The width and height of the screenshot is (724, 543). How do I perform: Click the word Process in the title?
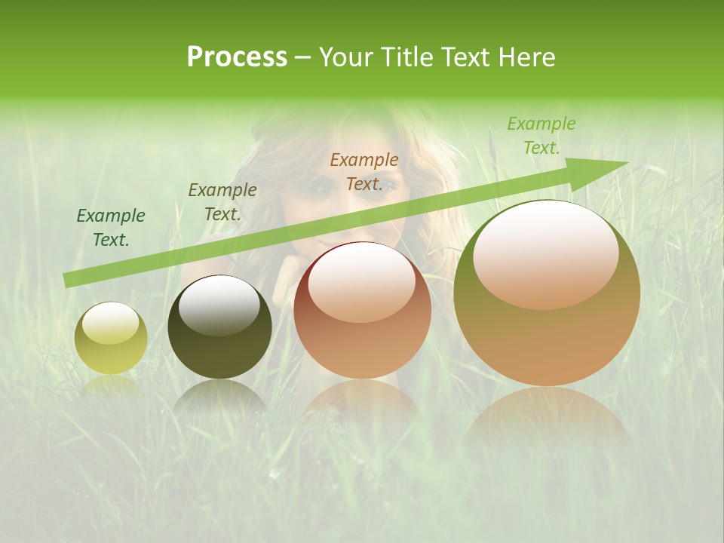(237, 57)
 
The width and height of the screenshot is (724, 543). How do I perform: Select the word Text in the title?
(461, 57)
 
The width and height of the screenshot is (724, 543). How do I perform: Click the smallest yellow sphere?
(111, 338)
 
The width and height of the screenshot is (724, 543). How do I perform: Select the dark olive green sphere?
(219, 327)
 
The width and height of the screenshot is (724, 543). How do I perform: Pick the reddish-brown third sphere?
(362, 310)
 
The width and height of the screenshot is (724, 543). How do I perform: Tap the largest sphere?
(547, 293)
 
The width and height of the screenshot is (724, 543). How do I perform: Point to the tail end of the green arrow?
(66, 281)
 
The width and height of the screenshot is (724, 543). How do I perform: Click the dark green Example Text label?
(111, 228)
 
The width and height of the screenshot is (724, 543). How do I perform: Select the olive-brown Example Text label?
(222, 202)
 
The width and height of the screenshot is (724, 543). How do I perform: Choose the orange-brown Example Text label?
(364, 172)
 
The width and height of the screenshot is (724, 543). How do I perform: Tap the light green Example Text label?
(541, 136)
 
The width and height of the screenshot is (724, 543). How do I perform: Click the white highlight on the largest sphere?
(545, 254)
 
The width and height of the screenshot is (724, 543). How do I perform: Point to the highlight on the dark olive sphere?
(219, 306)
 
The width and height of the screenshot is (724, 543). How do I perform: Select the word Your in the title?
(343, 57)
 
